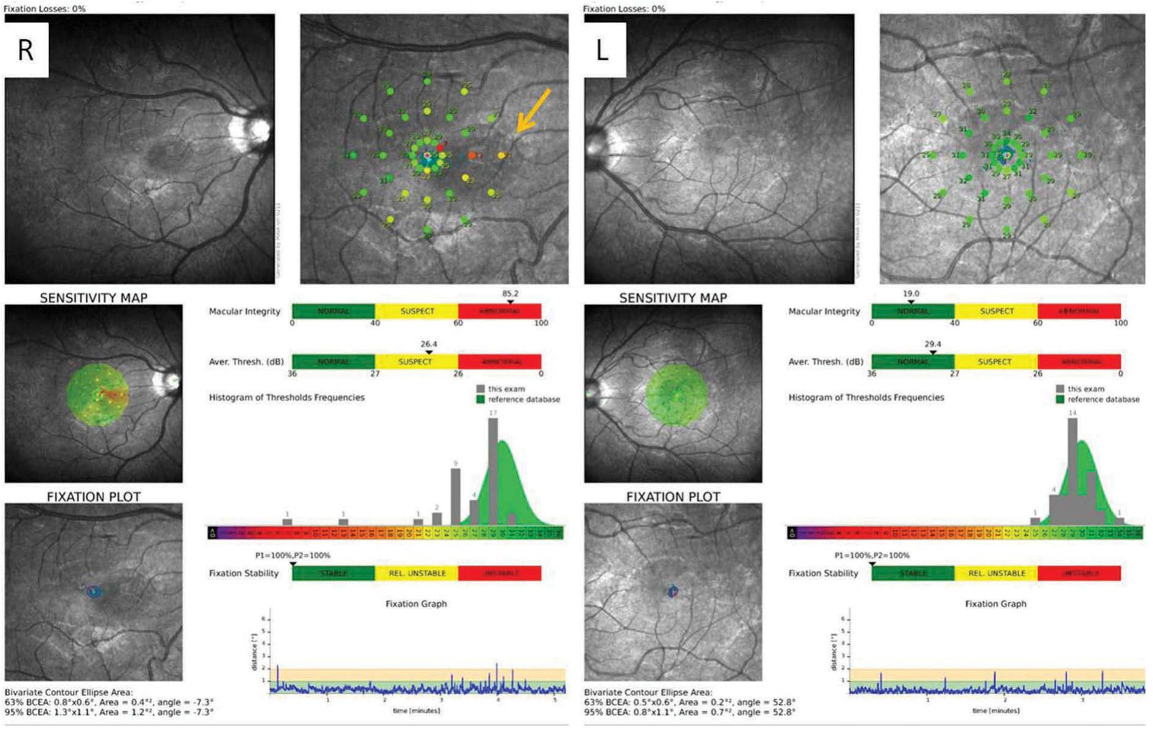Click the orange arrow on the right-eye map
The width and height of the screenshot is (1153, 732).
point(533,110)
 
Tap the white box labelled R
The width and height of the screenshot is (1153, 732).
point(26,50)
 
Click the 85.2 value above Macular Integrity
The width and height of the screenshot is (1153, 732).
point(510,293)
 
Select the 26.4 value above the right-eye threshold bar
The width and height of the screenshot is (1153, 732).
point(429,344)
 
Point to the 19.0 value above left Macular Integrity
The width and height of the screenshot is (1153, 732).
point(910,293)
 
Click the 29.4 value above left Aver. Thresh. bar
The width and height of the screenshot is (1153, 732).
point(932,344)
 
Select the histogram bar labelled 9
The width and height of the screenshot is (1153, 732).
point(455,495)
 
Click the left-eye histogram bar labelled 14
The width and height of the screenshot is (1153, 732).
point(1072,468)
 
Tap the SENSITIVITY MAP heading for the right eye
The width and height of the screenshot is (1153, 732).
point(94,298)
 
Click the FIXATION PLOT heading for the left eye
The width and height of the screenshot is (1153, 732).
point(673,497)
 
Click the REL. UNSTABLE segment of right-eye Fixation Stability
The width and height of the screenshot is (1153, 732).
point(417,573)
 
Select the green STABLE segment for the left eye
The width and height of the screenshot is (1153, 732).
point(913,573)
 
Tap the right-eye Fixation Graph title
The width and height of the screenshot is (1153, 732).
point(416,604)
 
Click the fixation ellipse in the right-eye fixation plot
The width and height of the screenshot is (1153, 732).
point(93,591)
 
